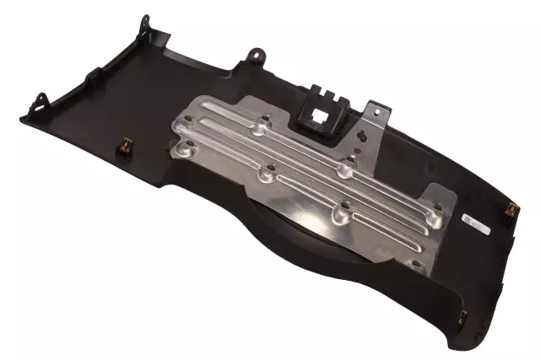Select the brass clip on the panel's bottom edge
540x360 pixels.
point(462,319)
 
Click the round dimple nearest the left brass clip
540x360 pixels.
point(182,152)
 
